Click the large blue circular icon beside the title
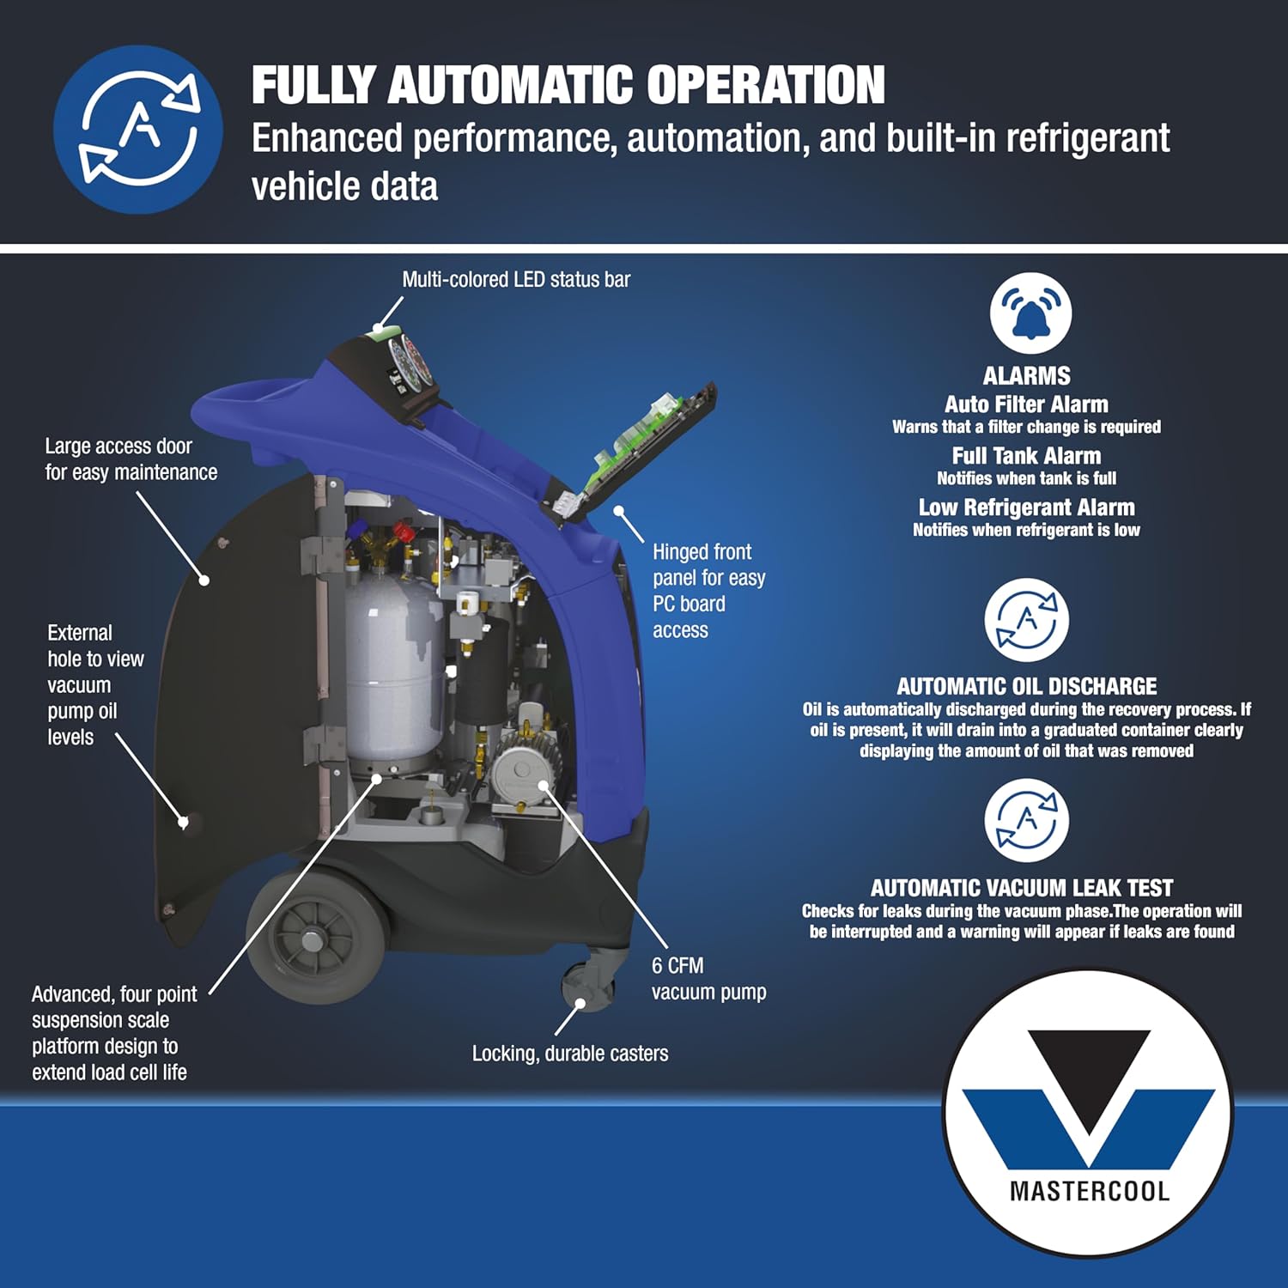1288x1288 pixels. [x=138, y=130]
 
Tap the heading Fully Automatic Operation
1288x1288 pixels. [x=568, y=85]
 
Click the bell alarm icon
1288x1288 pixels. [x=1030, y=313]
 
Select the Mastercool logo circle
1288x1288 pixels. [x=1088, y=1113]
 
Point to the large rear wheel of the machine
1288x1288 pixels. [x=316, y=937]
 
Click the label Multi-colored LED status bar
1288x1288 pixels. [x=516, y=280]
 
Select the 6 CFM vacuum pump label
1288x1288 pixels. [x=708, y=979]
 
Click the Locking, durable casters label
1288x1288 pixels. [x=570, y=1054]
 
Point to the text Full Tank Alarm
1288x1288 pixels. [x=1026, y=456]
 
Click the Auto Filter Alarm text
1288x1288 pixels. [x=1026, y=404]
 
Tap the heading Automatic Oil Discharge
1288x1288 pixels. [x=1026, y=686]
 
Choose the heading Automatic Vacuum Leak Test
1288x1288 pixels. [x=1021, y=888]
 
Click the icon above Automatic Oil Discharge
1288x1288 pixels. [x=1026, y=619]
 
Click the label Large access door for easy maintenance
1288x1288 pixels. [x=131, y=459]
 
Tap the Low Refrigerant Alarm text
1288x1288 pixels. [x=1026, y=507]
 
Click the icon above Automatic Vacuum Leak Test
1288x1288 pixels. [x=1026, y=820]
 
